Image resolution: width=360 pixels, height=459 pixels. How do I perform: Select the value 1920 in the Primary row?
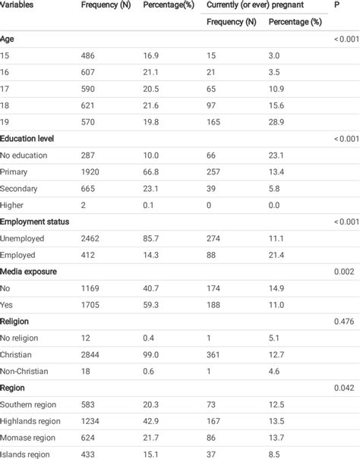click(x=91, y=171)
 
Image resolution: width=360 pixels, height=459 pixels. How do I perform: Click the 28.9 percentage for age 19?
click(x=276, y=121)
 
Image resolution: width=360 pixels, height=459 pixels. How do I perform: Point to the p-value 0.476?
click(x=343, y=320)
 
